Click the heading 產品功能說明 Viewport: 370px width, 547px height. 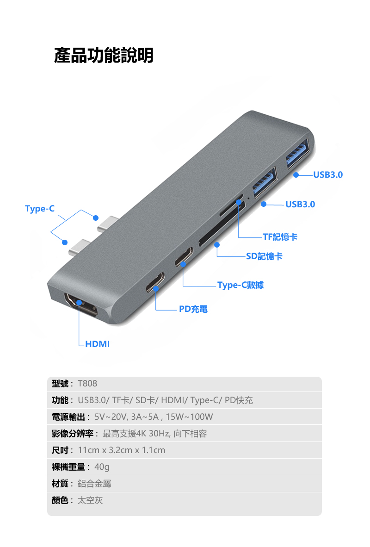(104, 55)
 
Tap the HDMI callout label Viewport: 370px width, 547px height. (97, 344)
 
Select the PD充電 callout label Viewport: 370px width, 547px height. (193, 309)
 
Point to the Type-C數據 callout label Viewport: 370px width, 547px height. (240, 285)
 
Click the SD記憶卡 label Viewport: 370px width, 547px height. (265, 256)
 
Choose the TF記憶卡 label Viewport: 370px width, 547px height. (280, 237)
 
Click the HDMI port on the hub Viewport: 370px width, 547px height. (81, 305)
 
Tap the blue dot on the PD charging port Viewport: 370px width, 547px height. (156, 288)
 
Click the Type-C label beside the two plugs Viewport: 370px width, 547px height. (40, 209)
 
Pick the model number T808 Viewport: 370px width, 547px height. (87, 384)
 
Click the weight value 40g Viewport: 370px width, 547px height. (102, 467)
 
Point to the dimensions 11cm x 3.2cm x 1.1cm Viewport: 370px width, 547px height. (121, 450)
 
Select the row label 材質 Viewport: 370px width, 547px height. (60, 484)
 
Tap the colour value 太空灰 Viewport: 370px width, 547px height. (90, 500)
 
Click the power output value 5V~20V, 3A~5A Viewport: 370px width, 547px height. (127, 417)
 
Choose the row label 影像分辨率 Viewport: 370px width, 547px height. (73, 434)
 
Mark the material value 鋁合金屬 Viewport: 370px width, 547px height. (94, 484)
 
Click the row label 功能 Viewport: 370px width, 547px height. (60, 400)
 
